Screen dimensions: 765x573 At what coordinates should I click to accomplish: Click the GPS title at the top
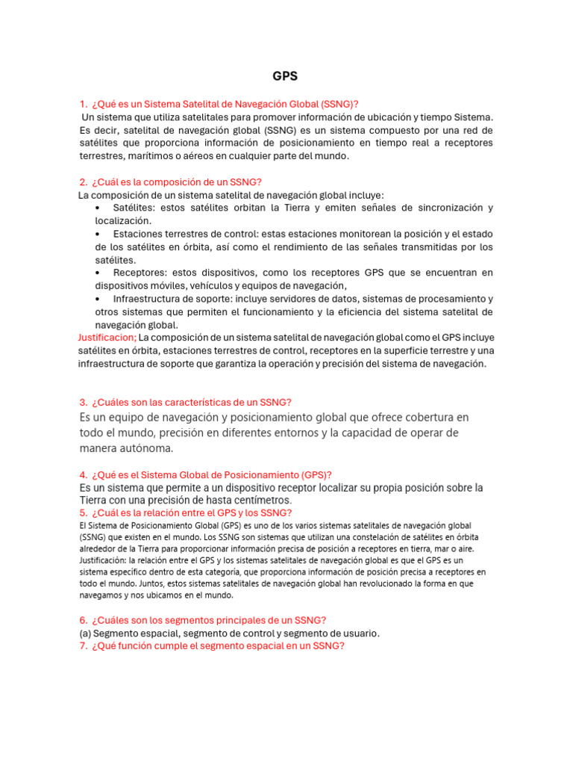[x=285, y=76]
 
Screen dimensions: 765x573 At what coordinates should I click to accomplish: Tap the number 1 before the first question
[x=82, y=104]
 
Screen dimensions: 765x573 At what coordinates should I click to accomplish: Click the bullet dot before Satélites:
[x=99, y=208]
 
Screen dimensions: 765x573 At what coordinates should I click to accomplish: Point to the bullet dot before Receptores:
[x=99, y=273]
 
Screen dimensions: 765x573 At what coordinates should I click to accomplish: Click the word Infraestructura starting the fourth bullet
[x=147, y=299]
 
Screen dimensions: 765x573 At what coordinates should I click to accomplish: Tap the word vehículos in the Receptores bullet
[x=223, y=286]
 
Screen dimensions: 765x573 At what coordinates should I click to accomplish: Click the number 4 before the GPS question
[x=82, y=475]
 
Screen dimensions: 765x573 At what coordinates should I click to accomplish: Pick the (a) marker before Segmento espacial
[x=85, y=633]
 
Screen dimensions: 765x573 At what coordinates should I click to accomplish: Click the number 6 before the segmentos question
[x=82, y=620]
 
